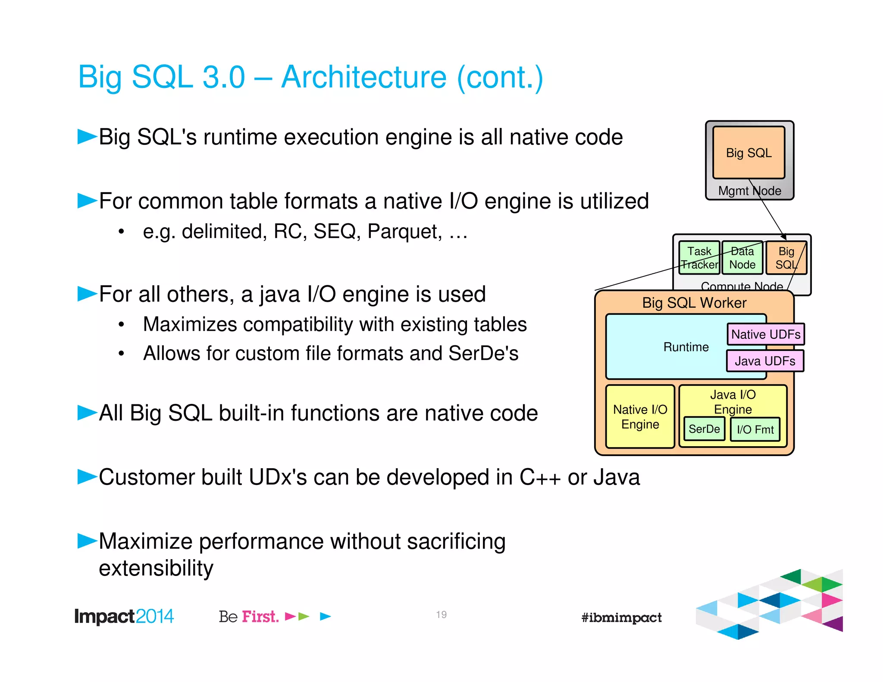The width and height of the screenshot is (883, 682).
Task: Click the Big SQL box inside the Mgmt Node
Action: click(748, 153)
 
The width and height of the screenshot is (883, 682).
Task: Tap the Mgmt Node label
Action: click(749, 191)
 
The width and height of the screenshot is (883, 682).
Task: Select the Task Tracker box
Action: click(699, 258)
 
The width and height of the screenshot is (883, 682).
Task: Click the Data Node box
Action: click(742, 258)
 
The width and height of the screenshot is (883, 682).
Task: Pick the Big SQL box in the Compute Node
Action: click(786, 258)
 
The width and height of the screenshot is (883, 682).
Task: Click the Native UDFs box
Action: click(765, 334)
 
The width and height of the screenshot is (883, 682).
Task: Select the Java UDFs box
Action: click(765, 361)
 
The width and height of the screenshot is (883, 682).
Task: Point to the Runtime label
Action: click(686, 347)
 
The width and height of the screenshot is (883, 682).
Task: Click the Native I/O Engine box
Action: click(640, 416)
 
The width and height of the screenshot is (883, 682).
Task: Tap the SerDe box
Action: click(704, 429)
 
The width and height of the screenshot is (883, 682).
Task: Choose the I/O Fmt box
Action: click(755, 429)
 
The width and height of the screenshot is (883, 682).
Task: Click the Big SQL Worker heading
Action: click(694, 303)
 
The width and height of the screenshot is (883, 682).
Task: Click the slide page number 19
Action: click(441, 614)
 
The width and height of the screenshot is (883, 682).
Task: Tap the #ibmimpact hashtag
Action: click(621, 617)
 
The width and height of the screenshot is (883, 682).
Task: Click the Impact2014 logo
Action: click(124, 616)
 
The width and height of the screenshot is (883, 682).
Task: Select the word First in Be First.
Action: click(260, 616)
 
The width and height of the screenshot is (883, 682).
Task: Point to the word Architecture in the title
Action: click(363, 77)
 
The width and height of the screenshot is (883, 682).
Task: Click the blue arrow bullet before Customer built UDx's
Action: click(87, 477)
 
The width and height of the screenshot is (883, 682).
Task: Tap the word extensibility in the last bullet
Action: click(156, 568)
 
